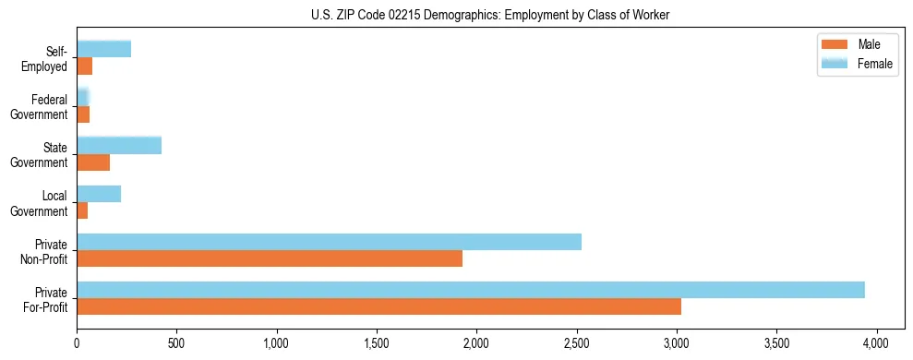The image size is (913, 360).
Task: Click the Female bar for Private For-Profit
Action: (471, 290)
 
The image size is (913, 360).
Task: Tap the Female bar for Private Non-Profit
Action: (329, 242)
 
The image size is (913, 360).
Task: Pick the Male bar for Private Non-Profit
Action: (270, 258)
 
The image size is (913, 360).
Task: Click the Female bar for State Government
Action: (119, 145)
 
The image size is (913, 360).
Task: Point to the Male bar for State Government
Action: (93, 162)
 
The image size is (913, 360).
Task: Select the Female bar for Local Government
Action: (99, 194)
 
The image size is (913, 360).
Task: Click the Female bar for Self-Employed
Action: (103, 49)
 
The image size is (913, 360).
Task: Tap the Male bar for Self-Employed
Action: (84, 66)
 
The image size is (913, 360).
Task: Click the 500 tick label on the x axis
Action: (176, 342)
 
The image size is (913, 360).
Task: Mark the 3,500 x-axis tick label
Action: (776, 342)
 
